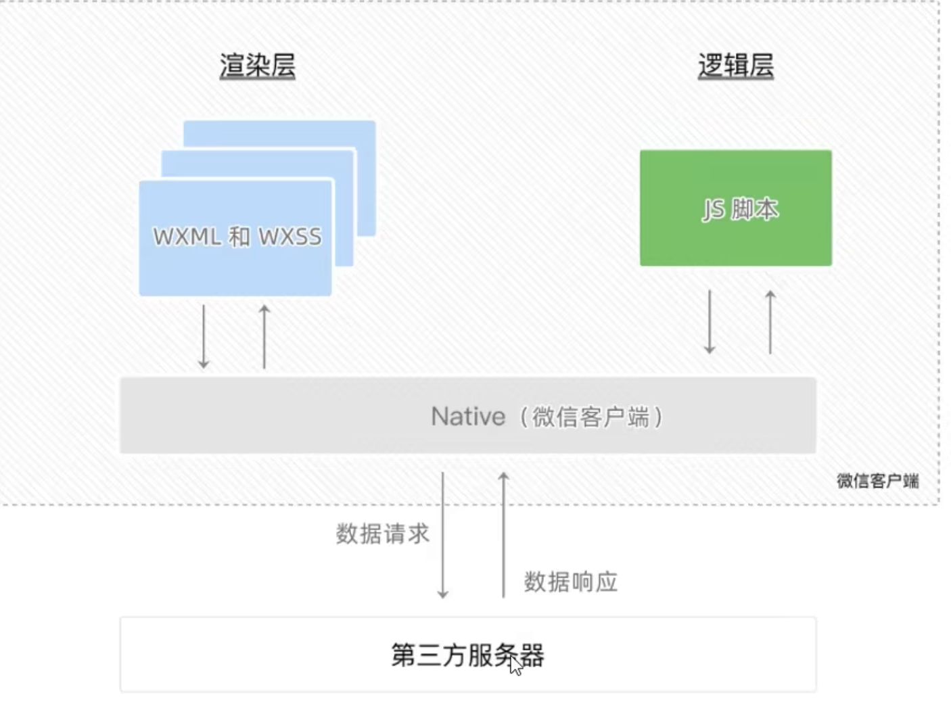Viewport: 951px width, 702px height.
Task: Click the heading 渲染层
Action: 257,66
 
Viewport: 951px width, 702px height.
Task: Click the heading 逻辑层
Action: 735,66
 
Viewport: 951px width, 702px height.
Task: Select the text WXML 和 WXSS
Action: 237,237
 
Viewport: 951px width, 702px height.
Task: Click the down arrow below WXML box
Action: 204,336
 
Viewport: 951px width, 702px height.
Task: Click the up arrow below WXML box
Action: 264,336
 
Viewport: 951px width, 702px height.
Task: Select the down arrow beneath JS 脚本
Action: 710,322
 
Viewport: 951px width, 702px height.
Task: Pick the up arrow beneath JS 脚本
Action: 770,322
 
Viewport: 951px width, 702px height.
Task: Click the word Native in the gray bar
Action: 468,416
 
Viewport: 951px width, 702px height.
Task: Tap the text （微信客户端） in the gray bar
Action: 590,417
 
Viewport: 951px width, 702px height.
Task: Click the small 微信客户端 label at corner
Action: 877,481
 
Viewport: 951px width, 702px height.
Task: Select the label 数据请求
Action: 382,534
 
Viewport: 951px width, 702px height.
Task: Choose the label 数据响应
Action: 570,582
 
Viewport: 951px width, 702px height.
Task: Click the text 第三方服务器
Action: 467,655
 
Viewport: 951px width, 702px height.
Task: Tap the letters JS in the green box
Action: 713,210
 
